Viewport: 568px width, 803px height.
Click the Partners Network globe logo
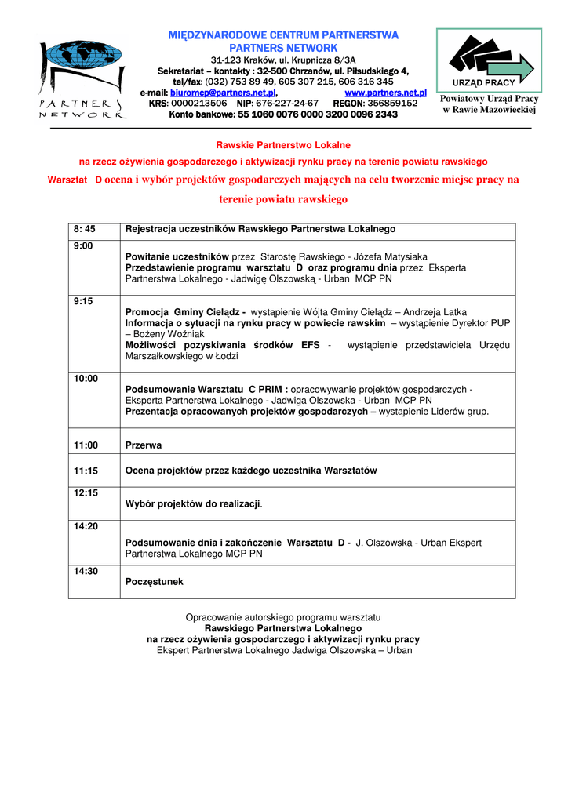point(80,78)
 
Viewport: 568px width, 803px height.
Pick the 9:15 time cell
point(83,300)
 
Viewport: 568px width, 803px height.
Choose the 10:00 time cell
point(86,379)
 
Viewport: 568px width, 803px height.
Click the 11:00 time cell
point(86,445)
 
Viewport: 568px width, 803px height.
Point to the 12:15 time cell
point(86,493)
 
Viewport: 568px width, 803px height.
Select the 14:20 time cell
point(86,526)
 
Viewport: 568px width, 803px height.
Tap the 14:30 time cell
point(86,571)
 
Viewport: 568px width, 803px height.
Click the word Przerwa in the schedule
point(144,445)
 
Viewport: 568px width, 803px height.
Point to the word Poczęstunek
point(155,583)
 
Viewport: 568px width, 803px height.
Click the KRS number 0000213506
point(198,104)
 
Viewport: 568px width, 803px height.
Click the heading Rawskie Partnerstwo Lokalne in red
point(283,145)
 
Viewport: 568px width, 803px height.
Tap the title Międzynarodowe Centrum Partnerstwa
point(284,35)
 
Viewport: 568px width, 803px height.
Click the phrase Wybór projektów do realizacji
point(193,503)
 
